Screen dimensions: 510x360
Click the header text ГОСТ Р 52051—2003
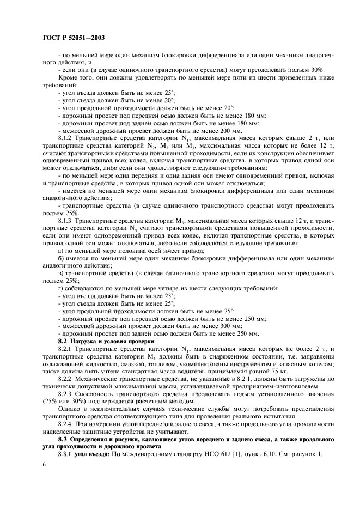click(73, 38)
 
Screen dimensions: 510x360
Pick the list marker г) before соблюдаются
click(60, 288)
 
